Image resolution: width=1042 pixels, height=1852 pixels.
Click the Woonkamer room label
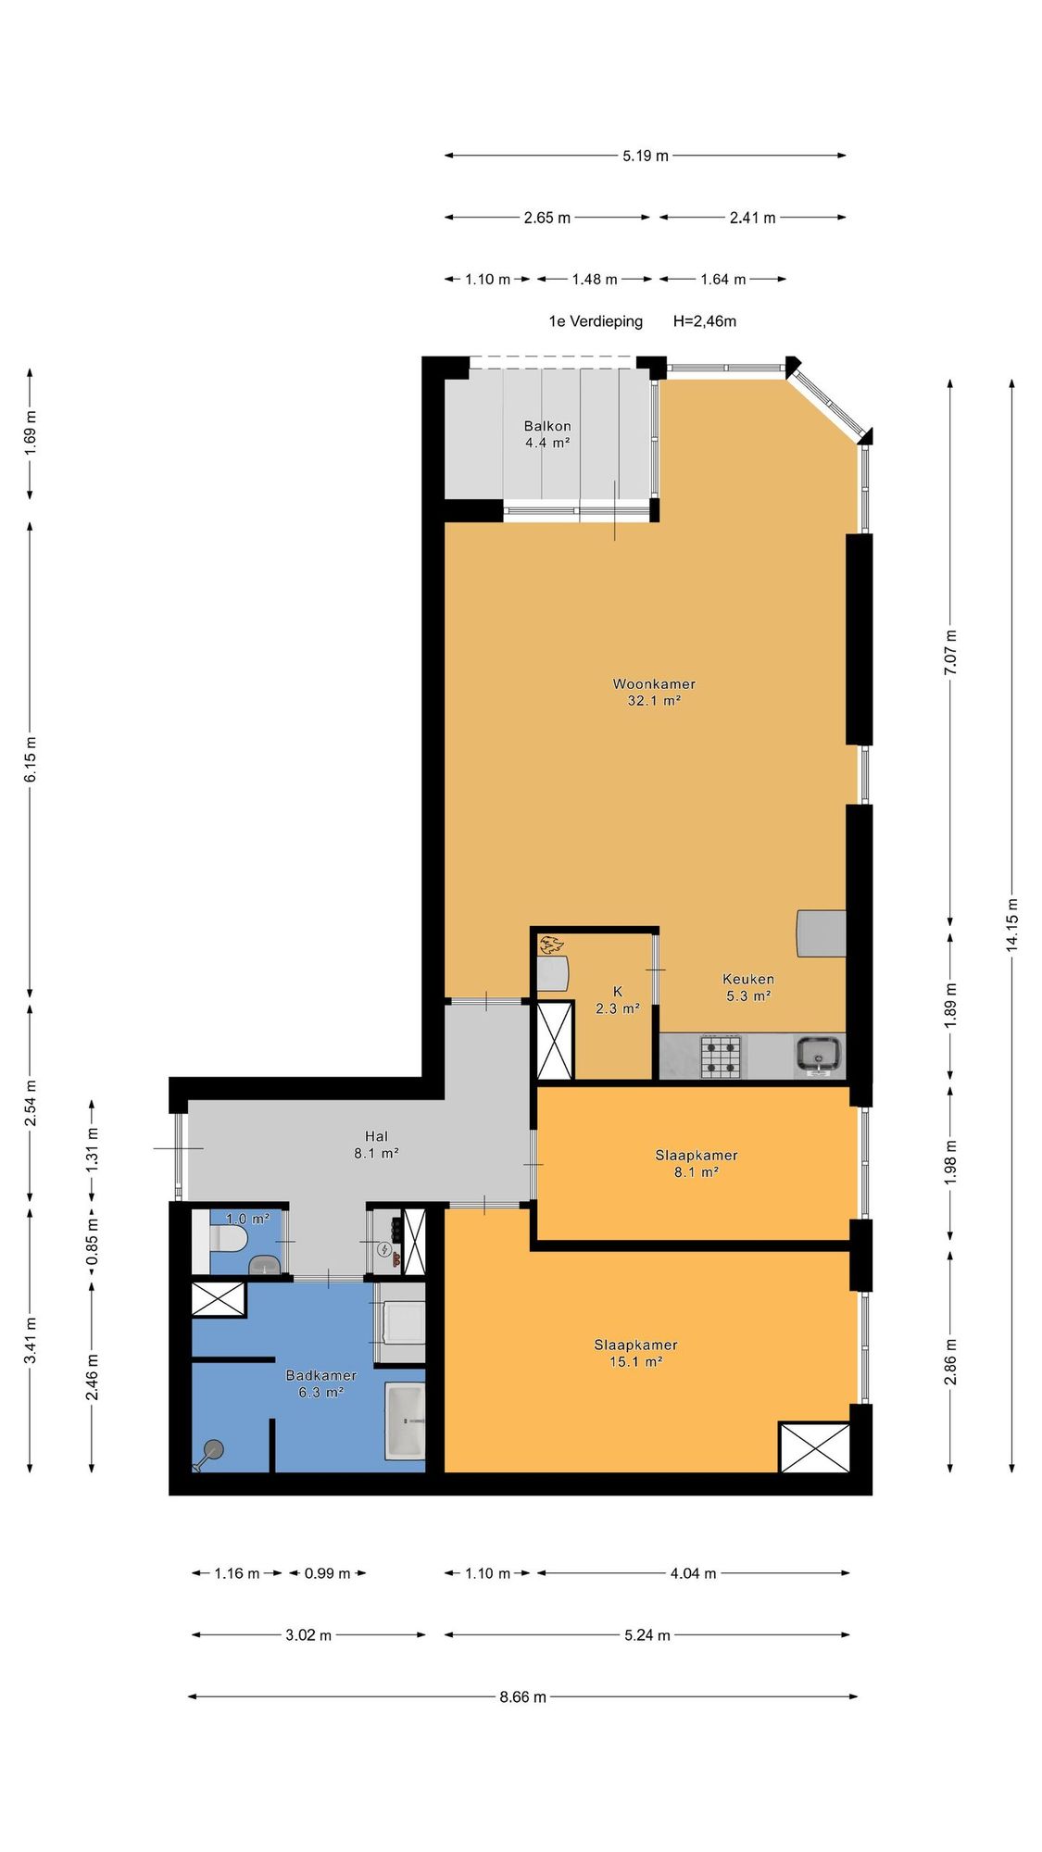click(654, 684)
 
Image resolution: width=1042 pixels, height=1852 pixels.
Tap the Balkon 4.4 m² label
click(547, 434)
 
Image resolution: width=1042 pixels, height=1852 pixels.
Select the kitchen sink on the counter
click(819, 1056)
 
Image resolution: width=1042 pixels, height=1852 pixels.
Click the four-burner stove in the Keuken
click(721, 1057)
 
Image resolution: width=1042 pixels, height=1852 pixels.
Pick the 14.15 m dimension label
click(1012, 924)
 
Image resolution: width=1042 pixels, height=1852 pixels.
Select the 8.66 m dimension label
click(523, 1697)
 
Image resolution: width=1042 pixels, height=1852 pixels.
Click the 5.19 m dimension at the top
click(646, 156)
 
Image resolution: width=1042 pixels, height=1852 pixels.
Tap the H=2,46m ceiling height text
click(705, 321)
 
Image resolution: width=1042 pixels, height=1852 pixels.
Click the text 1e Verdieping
click(596, 321)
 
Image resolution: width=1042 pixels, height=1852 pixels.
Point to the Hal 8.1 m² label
click(376, 1145)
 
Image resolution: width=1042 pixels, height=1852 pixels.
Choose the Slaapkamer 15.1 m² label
click(636, 1353)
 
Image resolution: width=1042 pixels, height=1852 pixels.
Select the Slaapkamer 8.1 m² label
click(697, 1163)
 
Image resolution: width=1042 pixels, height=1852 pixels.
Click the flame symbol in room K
click(552, 945)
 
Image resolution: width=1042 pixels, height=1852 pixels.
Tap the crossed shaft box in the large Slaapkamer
click(814, 1447)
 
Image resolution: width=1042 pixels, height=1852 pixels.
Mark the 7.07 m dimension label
click(951, 652)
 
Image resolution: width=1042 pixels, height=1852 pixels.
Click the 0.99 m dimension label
click(328, 1573)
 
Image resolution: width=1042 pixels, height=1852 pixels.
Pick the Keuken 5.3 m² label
click(748, 987)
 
